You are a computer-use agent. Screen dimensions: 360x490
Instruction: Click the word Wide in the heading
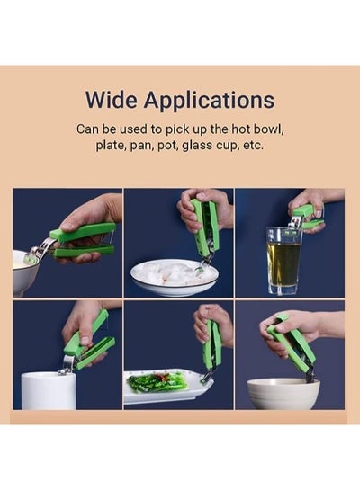pos(112,100)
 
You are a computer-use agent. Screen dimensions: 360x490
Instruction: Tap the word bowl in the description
pos(268,129)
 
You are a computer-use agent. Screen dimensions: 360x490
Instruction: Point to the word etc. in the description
pos(253,146)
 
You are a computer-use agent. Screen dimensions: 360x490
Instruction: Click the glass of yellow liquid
pos(283,261)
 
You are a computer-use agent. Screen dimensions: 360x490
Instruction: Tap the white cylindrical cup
pos(49,390)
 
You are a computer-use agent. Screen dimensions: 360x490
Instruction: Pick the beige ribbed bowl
pos(283,394)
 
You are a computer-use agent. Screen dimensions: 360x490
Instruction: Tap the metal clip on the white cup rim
pos(67,365)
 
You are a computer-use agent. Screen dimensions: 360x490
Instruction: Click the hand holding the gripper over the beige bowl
pos(301,330)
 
